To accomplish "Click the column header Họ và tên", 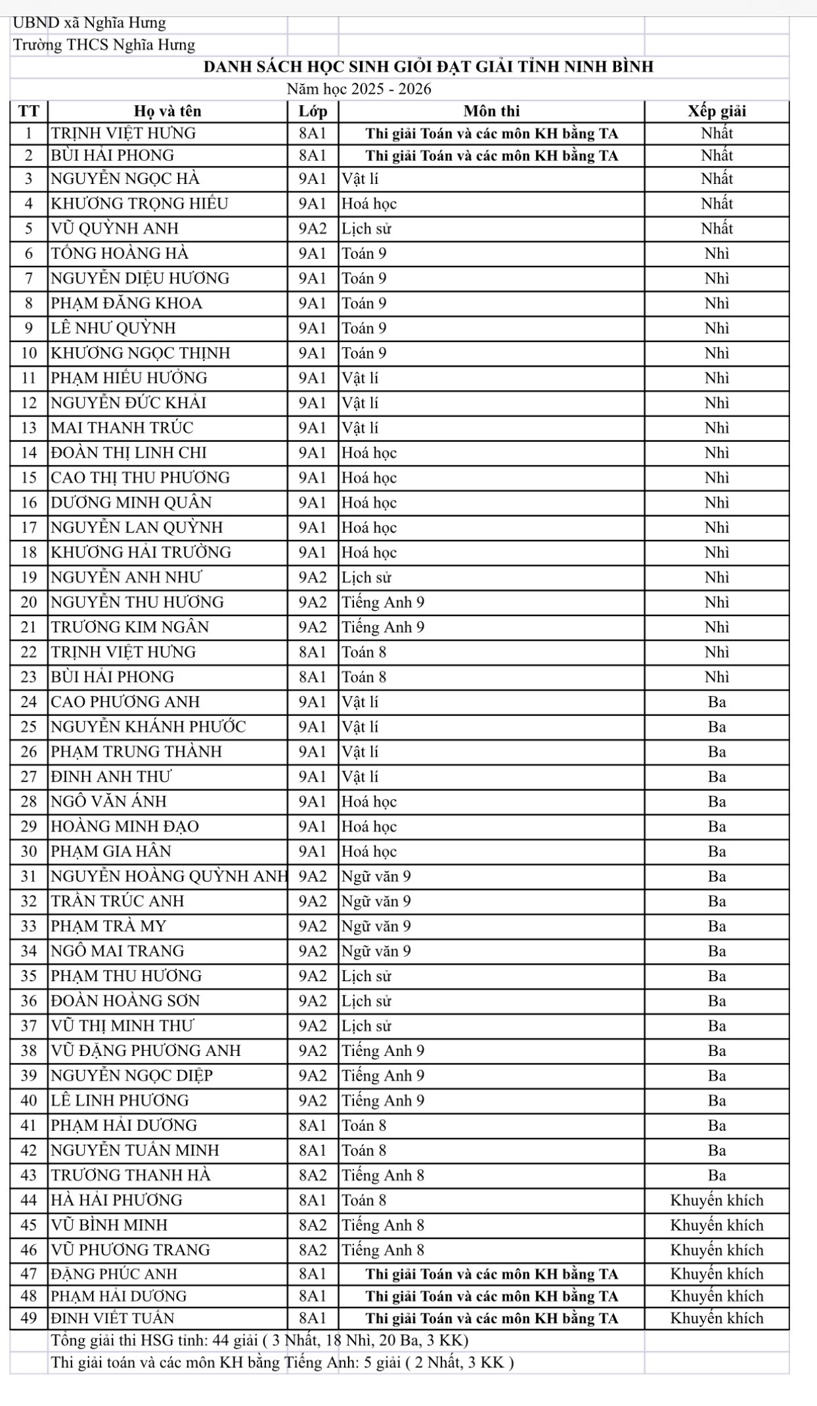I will [167, 111].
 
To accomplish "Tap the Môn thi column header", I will [491, 111].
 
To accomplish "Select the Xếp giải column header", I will [717, 111].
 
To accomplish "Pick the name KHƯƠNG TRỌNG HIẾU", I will [140, 204].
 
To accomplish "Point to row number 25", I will [30, 727].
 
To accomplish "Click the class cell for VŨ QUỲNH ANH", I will [313, 229].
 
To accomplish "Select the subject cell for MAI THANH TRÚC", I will [360, 428].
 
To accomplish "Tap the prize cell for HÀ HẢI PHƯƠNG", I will [717, 1200].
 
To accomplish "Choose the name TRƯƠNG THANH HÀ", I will [131, 1175].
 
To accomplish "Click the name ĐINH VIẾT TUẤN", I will [113, 1319].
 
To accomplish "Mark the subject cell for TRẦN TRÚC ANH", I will [376, 902].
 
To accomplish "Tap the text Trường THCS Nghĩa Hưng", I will [104, 45].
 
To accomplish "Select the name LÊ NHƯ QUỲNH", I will [114, 328].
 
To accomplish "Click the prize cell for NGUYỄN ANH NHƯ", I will [717, 578].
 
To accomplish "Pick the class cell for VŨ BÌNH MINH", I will [313, 1225].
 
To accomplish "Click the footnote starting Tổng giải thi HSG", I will [259, 1340].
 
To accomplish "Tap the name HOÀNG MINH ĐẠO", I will [125, 827].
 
